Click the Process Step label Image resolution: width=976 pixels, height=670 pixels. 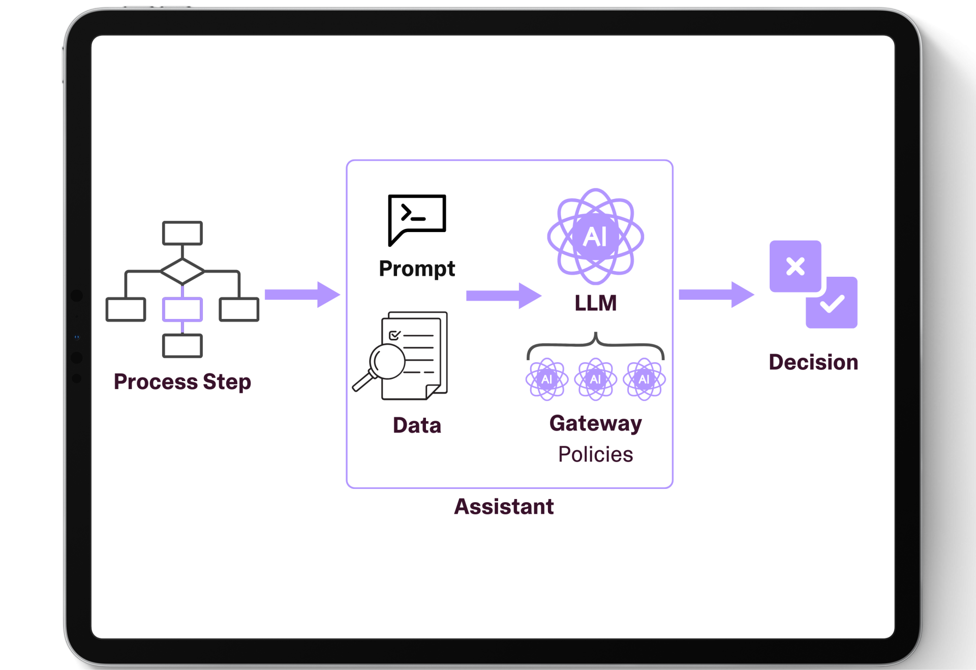[182, 382]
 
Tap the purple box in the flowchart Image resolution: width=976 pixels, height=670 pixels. [182, 309]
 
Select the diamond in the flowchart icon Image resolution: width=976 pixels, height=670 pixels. [182, 271]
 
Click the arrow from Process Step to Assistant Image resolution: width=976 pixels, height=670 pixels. [302, 295]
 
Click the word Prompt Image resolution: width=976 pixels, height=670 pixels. [417, 269]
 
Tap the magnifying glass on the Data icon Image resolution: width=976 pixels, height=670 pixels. [386, 362]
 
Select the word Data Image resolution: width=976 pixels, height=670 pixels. [417, 425]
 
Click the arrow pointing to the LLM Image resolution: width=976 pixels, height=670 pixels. [503, 296]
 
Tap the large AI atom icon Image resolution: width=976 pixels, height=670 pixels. [595, 237]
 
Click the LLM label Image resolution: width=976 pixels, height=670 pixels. [595, 303]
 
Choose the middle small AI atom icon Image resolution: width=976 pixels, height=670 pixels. [595, 379]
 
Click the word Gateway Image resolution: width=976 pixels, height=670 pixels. [595, 424]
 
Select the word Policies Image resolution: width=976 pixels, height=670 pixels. [595, 454]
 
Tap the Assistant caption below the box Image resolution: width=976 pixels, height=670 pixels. [504, 507]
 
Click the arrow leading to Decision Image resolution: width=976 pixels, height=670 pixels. [716, 295]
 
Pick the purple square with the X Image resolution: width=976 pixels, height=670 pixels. [795, 266]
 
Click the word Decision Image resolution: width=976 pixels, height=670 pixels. [813, 362]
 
